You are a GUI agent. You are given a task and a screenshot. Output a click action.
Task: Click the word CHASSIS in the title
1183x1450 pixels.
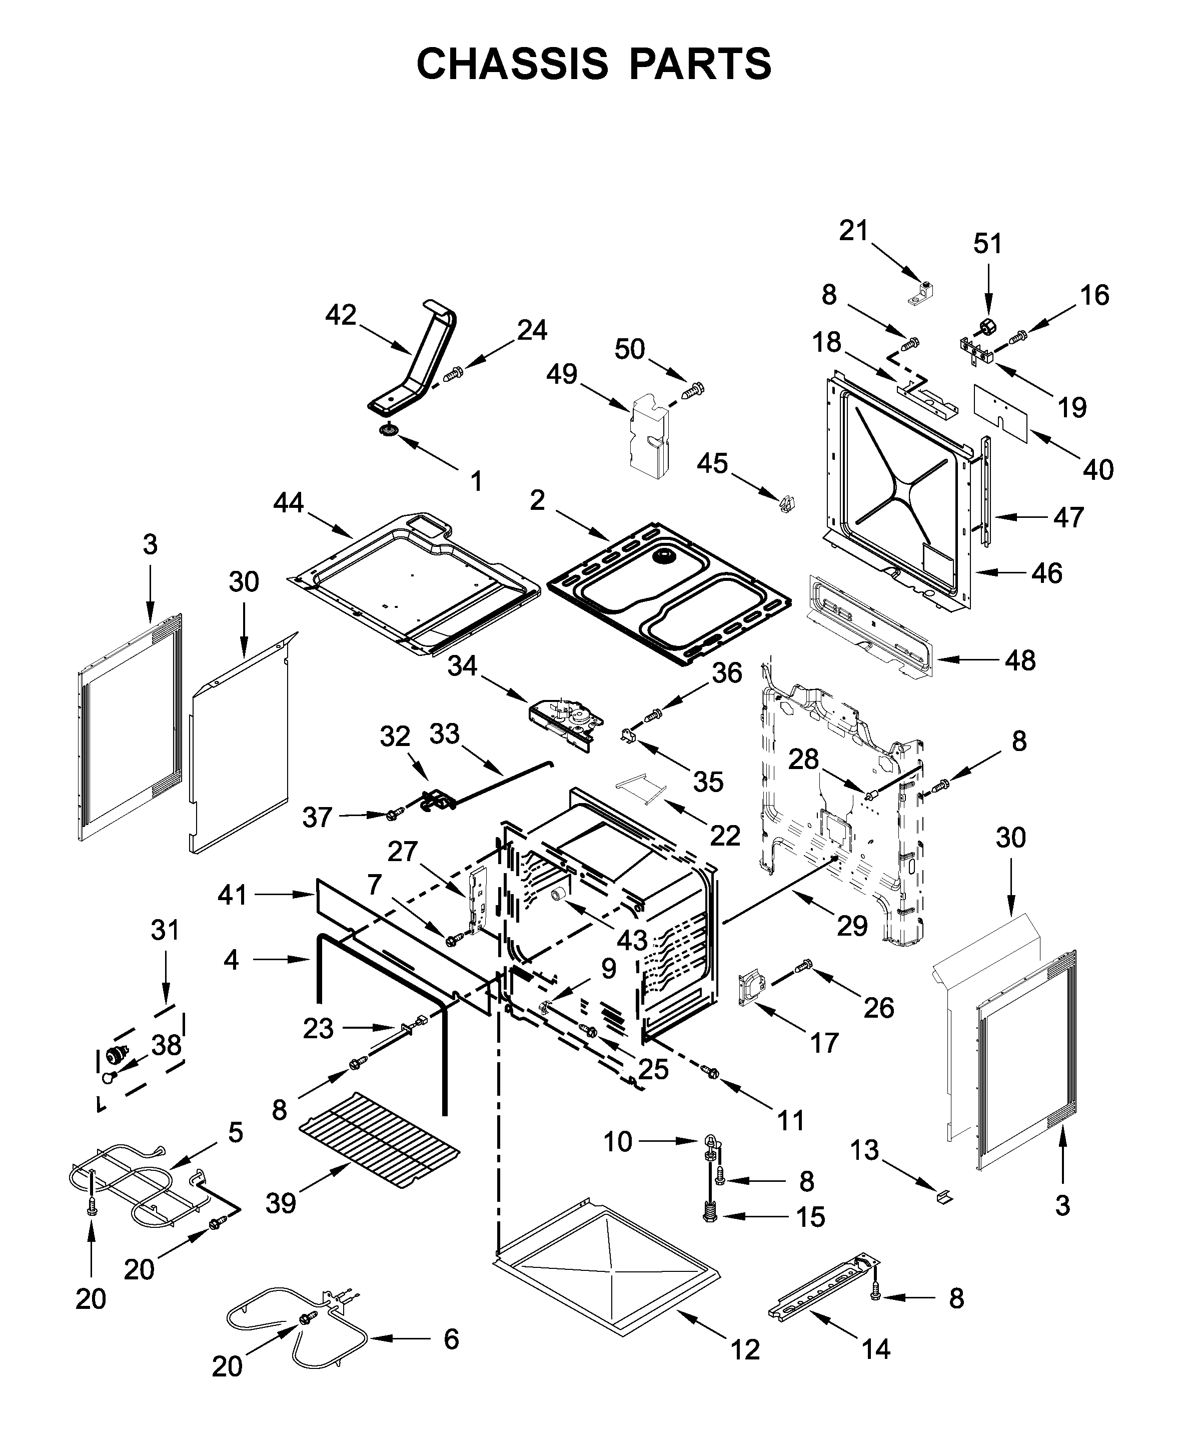click(512, 64)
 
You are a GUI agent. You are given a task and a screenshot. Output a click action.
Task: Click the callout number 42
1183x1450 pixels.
click(341, 315)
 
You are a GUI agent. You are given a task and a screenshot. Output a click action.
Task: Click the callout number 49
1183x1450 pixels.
click(562, 374)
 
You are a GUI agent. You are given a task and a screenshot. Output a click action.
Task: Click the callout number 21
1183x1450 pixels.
click(853, 231)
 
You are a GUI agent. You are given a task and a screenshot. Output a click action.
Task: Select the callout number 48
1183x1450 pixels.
click(1020, 660)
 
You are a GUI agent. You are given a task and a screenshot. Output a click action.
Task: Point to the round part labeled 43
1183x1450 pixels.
click(560, 894)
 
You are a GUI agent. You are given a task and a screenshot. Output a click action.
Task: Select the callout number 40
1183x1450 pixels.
click(1098, 470)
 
